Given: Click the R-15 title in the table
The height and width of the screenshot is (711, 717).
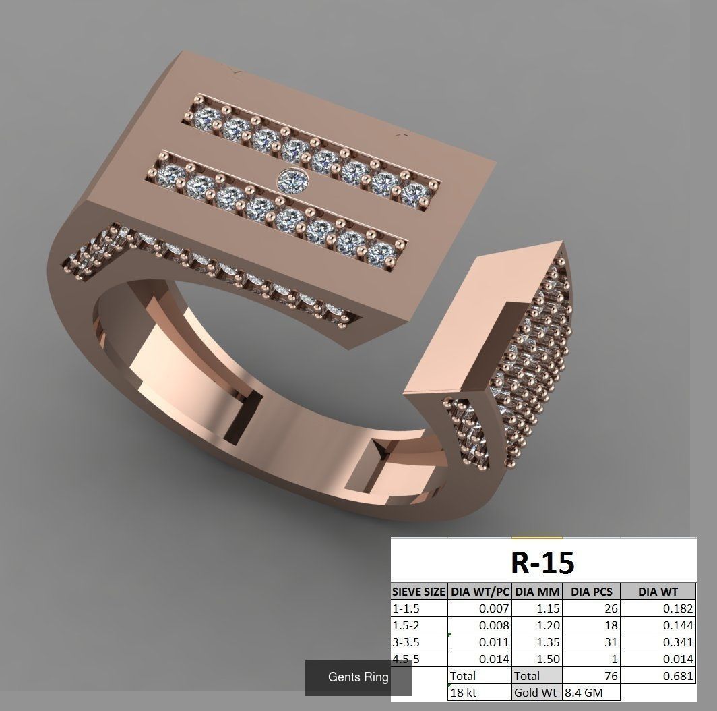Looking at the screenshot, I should coord(542,562).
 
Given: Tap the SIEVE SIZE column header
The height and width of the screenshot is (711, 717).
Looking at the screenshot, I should coord(418,592).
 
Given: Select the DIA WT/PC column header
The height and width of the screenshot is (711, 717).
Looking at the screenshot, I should coord(480,592).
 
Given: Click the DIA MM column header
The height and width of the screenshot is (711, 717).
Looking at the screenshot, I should coord(537,592).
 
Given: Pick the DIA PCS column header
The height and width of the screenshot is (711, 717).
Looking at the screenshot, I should coord(591,592).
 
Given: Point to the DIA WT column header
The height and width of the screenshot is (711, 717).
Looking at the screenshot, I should coord(658,592).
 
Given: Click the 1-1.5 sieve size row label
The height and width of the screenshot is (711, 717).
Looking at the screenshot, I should coord(406,608).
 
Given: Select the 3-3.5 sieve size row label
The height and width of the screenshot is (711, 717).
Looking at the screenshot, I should coord(408,642).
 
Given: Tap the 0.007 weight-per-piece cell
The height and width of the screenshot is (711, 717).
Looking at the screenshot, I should coord(495,608).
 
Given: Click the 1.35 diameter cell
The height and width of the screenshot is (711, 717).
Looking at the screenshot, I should coord(547,642).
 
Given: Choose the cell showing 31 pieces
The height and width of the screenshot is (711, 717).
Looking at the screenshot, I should coord(611,642).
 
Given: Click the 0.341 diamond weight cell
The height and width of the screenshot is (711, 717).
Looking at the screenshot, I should coord(677,642).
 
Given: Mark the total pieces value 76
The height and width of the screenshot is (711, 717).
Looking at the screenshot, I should coord(611,676).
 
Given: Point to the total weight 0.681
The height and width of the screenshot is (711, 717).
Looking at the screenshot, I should coord(677,676).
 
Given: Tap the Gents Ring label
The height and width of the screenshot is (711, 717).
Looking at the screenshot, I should coord(358,677).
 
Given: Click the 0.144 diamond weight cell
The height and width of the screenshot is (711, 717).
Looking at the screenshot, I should coord(677,625).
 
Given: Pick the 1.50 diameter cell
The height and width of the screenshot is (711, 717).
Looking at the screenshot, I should coord(547,659).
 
